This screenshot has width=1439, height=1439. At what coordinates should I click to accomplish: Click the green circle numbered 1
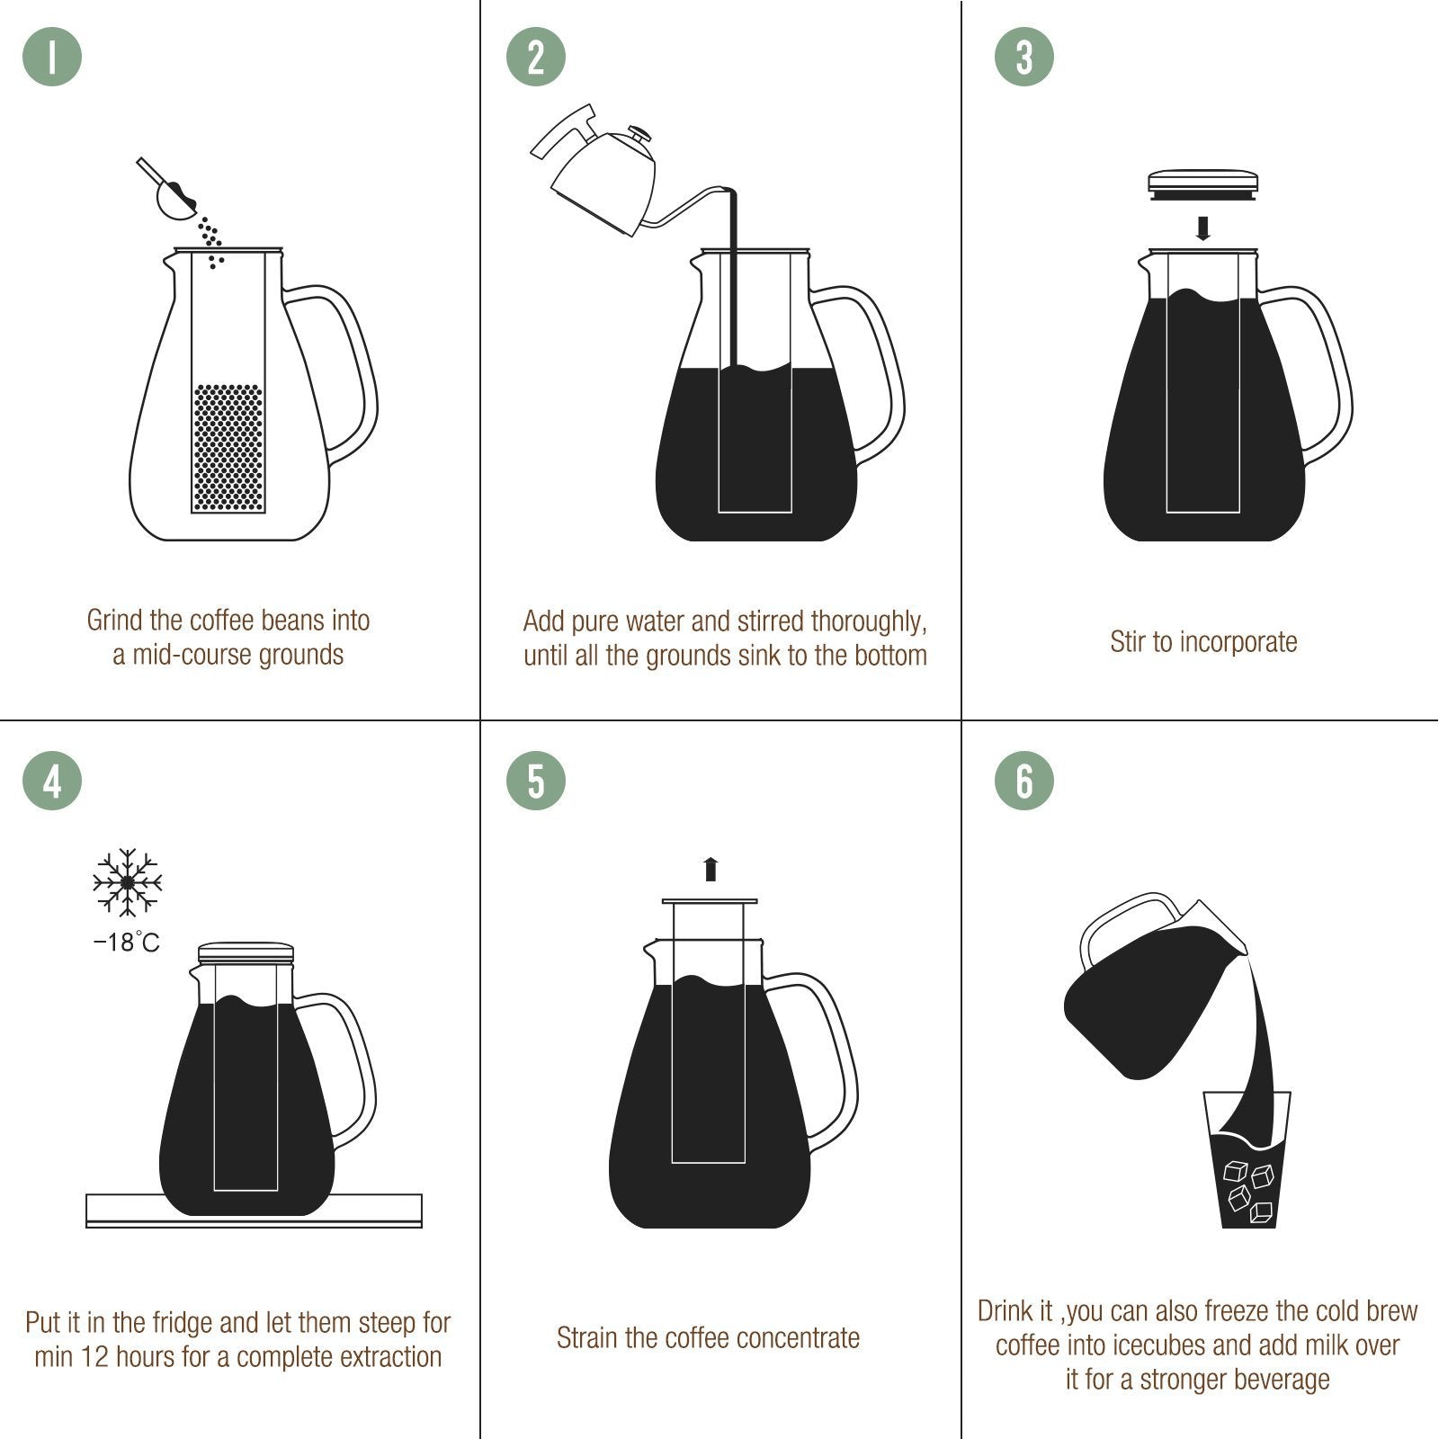pyautogui.click(x=52, y=57)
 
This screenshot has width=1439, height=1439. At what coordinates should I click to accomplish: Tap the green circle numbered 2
pyautogui.click(x=536, y=57)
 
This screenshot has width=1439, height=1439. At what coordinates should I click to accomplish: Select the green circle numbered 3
pyautogui.click(x=1024, y=57)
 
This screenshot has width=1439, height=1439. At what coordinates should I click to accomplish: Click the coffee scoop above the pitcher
pyautogui.click(x=171, y=192)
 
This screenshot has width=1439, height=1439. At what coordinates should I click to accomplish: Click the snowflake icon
pyautogui.click(x=128, y=881)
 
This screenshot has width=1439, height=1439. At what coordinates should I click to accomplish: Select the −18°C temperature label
pyautogui.click(x=127, y=943)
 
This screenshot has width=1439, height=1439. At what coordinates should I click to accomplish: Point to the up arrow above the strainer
pyautogui.click(x=711, y=869)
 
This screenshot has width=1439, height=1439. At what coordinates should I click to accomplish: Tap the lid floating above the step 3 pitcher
pyautogui.click(x=1203, y=184)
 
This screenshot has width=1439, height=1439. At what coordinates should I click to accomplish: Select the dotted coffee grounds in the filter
pyautogui.click(x=228, y=448)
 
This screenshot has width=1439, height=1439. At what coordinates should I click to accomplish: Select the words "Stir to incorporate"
pyautogui.click(x=1203, y=642)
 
